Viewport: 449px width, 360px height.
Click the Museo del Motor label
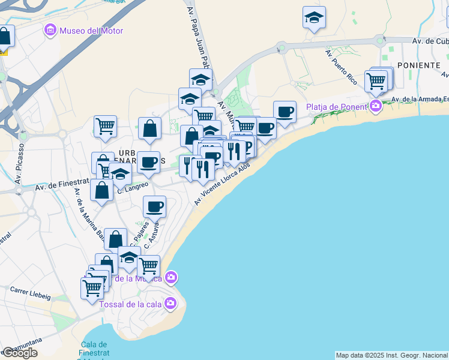click(91, 31)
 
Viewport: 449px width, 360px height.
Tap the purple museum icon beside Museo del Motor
click(50, 30)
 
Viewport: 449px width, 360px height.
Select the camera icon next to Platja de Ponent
click(376, 107)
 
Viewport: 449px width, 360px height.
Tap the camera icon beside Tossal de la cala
click(171, 303)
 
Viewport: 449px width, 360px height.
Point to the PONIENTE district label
click(419, 65)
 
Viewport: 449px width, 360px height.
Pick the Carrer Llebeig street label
click(30, 293)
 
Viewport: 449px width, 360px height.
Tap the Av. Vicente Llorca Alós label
click(221, 185)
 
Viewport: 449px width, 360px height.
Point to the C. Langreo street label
click(133, 187)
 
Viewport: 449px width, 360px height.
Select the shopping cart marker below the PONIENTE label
click(376, 80)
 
